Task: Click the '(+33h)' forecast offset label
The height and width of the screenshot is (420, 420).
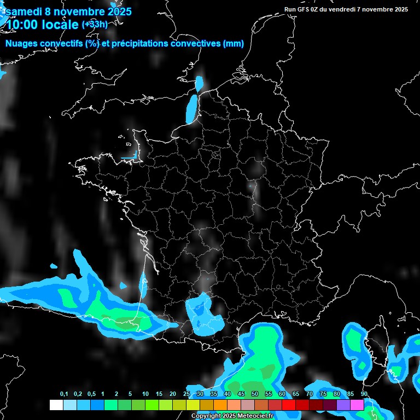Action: [95, 24]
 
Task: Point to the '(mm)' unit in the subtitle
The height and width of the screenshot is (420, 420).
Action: [234, 44]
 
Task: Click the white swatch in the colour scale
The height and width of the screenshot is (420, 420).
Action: [56, 405]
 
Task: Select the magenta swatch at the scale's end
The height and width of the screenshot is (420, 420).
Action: [357, 405]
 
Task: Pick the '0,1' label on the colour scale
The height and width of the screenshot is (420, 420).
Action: [64, 394]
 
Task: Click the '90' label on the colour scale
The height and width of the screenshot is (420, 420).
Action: [364, 394]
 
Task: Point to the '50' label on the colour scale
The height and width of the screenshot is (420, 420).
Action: [255, 394]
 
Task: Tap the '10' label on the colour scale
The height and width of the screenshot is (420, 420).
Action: [145, 394]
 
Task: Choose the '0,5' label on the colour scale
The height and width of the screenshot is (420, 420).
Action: [91, 394]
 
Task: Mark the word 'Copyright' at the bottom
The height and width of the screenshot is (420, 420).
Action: [206, 416]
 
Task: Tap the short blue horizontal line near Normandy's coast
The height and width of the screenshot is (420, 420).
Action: [128, 158]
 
